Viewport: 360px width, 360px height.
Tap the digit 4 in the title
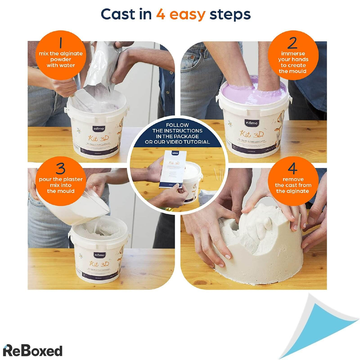tap(161, 14)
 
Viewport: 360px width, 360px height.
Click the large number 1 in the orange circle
tap(61, 43)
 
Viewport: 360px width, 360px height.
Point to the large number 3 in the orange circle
tap(61, 169)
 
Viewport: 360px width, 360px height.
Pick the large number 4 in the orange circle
tap(292, 169)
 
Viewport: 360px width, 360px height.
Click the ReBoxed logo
tap(32, 351)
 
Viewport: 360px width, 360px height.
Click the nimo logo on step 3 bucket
tap(100, 255)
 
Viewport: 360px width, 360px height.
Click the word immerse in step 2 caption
tap(293, 53)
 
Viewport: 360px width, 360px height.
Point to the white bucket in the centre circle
tap(192, 180)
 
